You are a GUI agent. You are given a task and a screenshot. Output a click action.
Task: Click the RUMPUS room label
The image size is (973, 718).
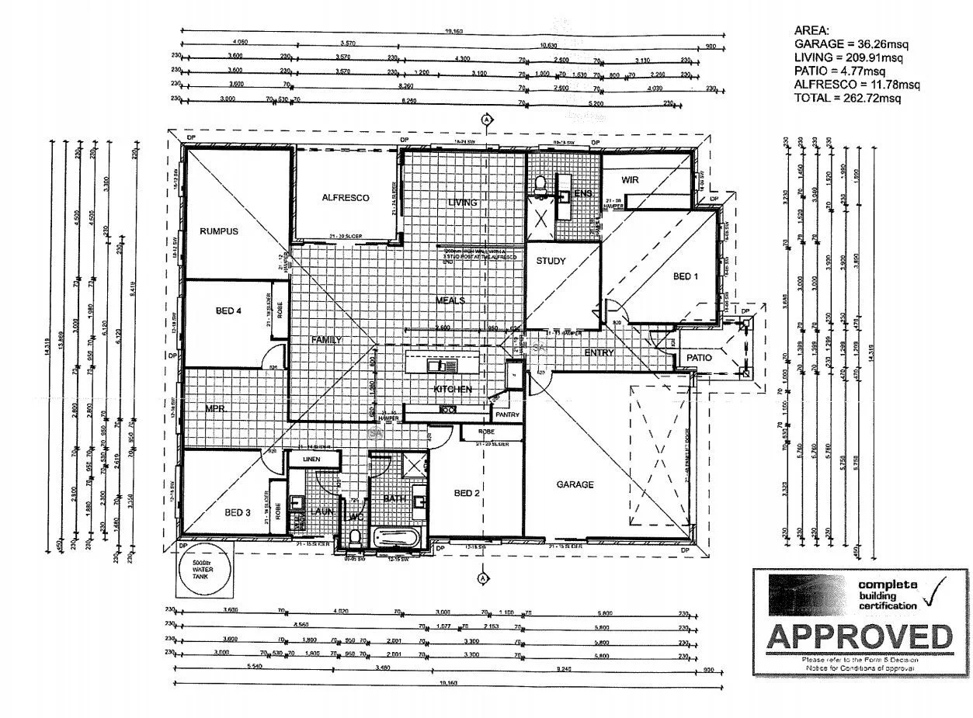[x=218, y=231]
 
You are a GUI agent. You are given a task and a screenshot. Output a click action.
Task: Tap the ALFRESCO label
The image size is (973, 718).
[x=346, y=198]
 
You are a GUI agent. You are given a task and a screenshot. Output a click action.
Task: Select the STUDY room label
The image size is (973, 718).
[x=551, y=262]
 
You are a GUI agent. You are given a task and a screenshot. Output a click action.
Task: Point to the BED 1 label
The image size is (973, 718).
[x=685, y=276]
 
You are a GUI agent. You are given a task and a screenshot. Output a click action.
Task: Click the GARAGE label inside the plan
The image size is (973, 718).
[x=575, y=484]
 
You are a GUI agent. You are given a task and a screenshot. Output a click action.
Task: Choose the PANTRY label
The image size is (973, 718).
[x=506, y=415]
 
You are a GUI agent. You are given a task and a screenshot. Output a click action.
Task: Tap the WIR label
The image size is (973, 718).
[x=629, y=179]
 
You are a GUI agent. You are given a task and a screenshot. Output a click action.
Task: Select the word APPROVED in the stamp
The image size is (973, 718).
[x=859, y=636]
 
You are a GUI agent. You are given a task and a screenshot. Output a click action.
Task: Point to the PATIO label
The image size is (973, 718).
[x=699, y=358]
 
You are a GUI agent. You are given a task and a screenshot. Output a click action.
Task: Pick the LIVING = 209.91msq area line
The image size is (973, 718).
[x=847, y=57]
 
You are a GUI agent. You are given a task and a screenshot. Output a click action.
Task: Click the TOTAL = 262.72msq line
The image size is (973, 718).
[x=847, y=98]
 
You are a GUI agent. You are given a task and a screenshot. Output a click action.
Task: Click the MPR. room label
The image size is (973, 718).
[x=215, y=408]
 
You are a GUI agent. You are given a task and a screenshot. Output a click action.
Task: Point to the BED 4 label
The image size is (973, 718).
[x=229, y=311]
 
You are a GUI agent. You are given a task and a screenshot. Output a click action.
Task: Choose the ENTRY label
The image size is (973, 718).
[x=599, y=353]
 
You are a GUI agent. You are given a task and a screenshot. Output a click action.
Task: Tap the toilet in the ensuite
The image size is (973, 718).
[x=542, y=185]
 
